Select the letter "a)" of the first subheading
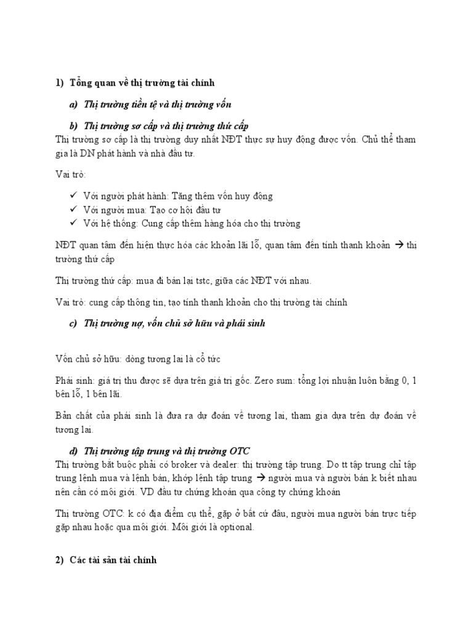coord(73,105)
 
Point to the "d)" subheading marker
coord(73,450)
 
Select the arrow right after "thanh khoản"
coord(398,245)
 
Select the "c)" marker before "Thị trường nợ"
coord(73,323)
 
